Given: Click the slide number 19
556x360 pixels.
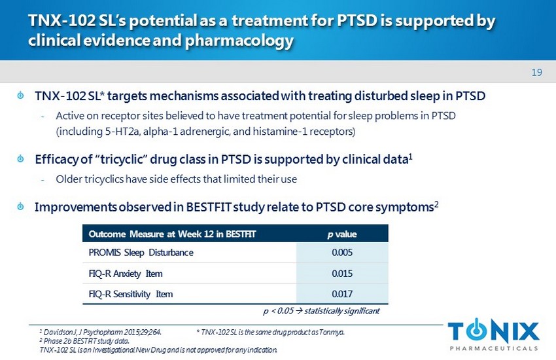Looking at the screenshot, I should [537, 72].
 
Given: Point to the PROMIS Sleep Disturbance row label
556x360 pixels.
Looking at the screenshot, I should [141, 253].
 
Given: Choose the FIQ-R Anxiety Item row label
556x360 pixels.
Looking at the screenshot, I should [126, 273].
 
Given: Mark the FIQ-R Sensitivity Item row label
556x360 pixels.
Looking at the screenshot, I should [131, 294].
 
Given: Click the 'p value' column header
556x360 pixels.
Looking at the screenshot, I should [341, 234].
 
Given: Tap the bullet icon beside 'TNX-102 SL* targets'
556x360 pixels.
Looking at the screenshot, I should [21, 96].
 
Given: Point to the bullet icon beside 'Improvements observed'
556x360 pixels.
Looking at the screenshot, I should [21, 207].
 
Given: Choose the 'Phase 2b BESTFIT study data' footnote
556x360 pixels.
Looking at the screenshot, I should [84, 340].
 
